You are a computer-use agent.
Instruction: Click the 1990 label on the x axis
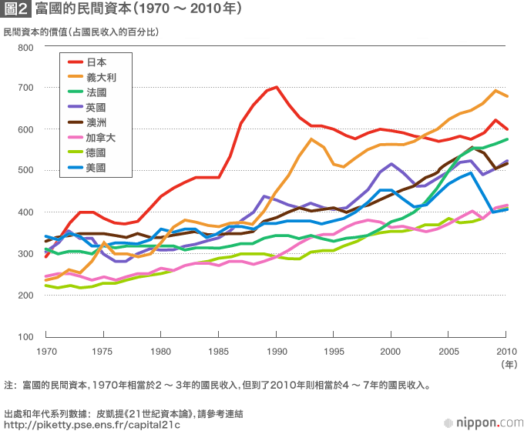click(x=277, y=351)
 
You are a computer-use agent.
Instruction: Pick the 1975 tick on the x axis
click(x=103, y=351)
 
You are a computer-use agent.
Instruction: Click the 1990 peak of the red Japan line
click(x=276, y=88)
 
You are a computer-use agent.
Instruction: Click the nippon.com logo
click(x=481, y=420)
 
